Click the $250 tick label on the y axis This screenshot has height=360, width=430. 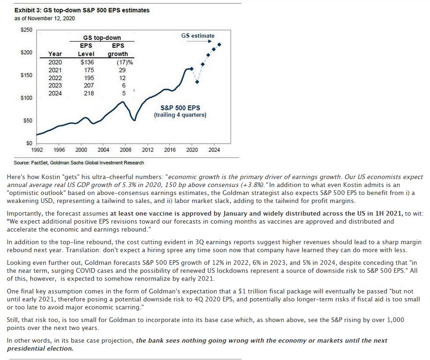tap(26, 30)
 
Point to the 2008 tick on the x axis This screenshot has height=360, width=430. tap(125, 150)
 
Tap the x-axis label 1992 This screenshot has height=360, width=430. tap(37, 150)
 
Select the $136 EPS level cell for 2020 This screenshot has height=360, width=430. tap(87, 62)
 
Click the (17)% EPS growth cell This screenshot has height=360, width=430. tap(125, 62)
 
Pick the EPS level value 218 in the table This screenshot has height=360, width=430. tap(89, 93)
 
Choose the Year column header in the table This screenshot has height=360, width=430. tap(55, 54)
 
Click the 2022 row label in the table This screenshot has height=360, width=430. tap(55, 78)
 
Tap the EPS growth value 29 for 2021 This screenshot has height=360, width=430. tap(122, 70)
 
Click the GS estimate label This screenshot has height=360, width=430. tap(198, 36)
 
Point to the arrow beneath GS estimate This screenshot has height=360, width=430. tap(199, 41)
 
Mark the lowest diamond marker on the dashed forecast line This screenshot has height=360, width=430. tap(197, 82)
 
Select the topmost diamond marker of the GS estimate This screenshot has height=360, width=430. tap(219, 45)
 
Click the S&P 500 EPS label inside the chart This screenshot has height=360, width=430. tap(180, 108)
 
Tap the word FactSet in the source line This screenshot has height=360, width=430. tap(39, 163)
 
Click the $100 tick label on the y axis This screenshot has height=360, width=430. tap(26, 98)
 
